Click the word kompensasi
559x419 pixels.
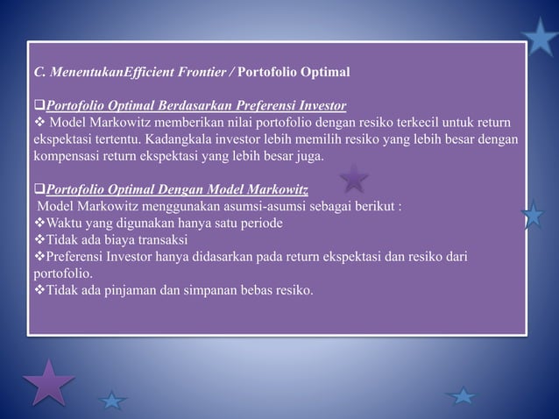68,157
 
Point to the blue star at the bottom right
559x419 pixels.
462,395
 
